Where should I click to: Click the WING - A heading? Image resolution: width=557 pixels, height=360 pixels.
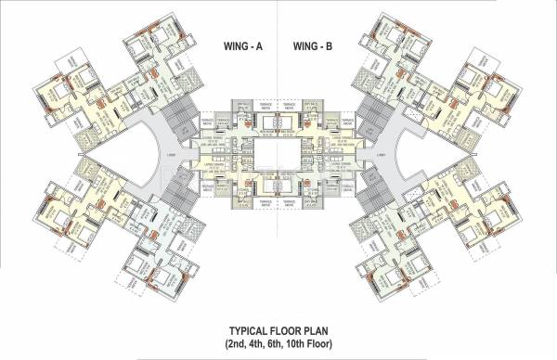[x=248, y=45]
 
